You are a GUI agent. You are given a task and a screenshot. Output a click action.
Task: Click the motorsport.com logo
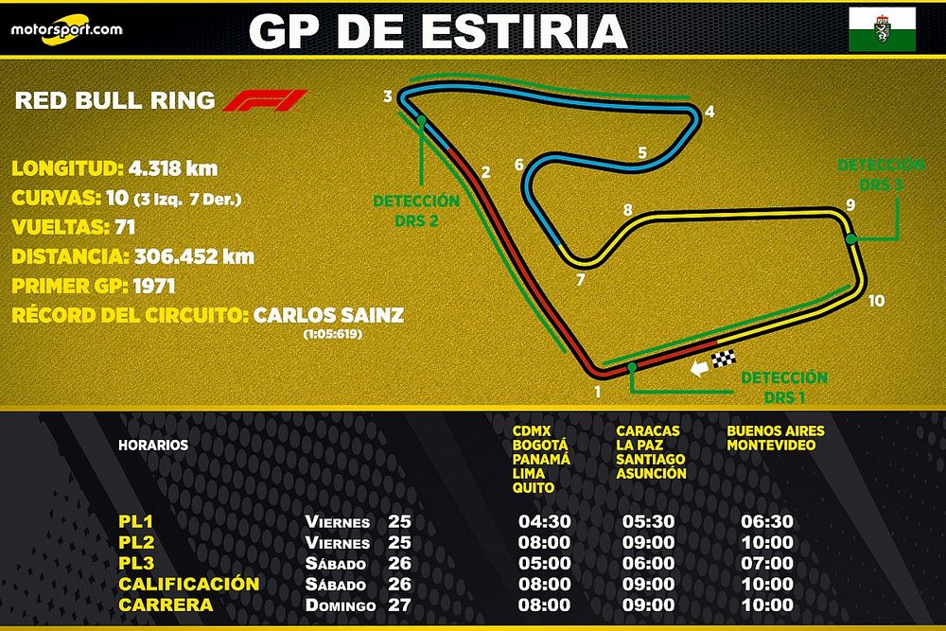[x=66, y=27]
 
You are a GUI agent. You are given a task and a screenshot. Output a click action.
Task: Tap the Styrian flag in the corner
[x=882, y=27]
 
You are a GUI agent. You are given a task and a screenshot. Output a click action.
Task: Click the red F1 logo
[x=265, y=100]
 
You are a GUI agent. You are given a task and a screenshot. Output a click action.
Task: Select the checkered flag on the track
[x=725, y=360]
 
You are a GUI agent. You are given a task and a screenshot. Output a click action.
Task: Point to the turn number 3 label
[x=388, y=96]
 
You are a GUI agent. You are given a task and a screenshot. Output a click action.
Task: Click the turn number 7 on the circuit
[x=580, y=280]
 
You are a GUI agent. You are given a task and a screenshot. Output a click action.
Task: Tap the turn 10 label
[x=876, y=302]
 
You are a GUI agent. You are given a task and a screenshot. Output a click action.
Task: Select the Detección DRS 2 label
[x=416, y=210]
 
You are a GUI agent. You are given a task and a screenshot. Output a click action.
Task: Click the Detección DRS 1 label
[x=783, y=385]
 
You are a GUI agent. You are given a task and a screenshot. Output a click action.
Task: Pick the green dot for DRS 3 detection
[x=851, y=239]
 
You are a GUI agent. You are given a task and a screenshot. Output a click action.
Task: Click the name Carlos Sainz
[x=328, y=315]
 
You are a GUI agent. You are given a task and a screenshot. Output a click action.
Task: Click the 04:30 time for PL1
[x=544, y=521]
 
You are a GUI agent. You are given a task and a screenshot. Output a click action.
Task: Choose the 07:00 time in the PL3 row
[x=768, y=563]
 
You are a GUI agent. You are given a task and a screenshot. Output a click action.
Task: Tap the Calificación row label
[x=188, y=584]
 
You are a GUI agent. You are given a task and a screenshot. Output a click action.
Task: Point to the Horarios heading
[x=153, y=445]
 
